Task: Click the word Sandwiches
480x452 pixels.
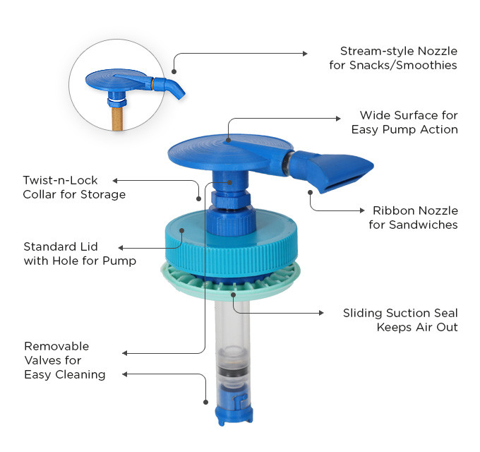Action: tap(424, 225)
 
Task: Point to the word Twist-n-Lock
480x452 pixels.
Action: tap(60, 180)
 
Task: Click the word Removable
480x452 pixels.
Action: tap(56, 346)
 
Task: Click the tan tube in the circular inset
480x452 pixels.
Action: tap(117, 118)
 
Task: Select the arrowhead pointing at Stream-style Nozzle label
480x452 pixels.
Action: tap(305, 54)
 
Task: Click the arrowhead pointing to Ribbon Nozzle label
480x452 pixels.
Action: tap(362, 210)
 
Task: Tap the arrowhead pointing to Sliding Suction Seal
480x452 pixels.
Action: tap(321, 313)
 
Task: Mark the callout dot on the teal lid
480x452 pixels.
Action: tap(182, 230)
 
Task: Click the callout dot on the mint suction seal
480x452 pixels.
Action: tap(233, 295)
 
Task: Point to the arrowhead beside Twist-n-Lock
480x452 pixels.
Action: tap(115, 181)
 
